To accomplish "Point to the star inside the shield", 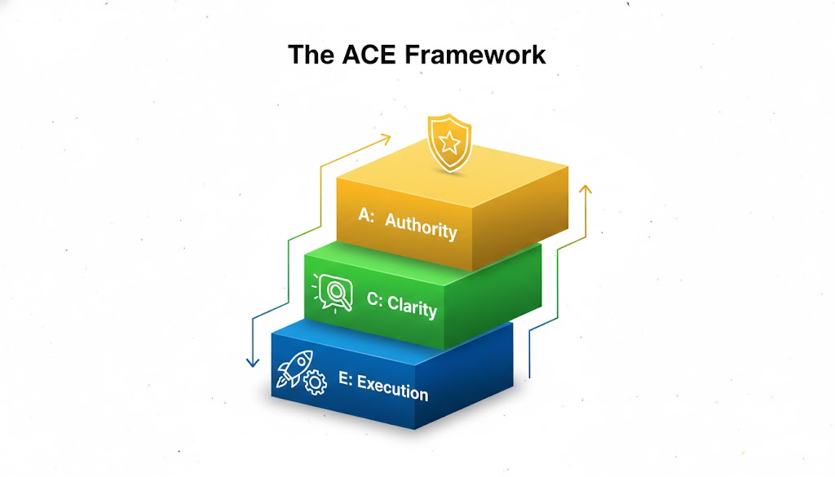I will point(450,144).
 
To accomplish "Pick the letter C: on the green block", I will point(374,300).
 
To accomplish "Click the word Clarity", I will point(412,307).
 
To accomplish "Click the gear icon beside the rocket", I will point(314,382).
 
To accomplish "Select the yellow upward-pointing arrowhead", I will point(585,190).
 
